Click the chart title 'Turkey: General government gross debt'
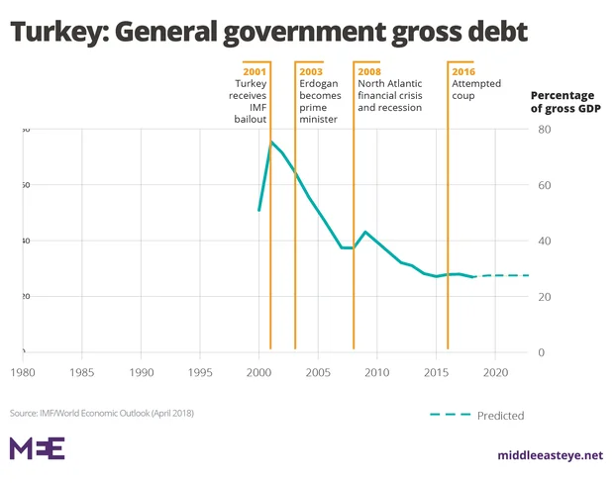268,32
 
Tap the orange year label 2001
255,72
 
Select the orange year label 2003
312,72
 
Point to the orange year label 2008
369,72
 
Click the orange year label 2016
463,72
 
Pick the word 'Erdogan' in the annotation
321,84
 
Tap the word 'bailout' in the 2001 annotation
252,119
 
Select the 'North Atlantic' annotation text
390,84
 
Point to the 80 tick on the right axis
544,130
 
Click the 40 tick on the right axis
544,241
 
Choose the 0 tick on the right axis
541,352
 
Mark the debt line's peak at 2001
270,143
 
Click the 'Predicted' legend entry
499,416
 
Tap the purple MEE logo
37,448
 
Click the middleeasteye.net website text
550,455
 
